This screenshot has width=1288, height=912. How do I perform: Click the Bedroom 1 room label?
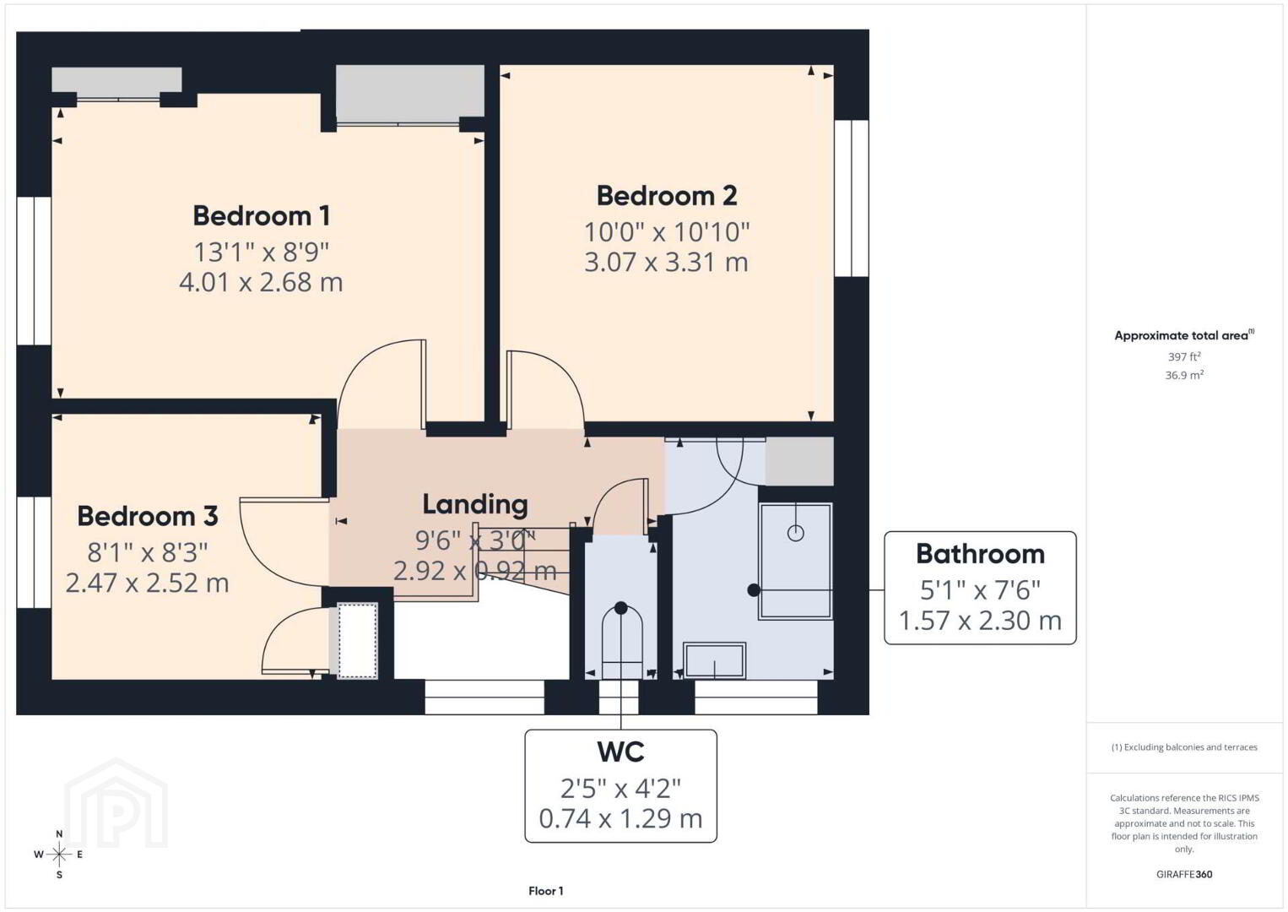coord(262,216)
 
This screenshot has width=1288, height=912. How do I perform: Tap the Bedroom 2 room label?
coord(667,196)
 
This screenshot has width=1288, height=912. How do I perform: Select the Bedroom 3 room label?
coord(148,516)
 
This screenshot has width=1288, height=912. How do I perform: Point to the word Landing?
coord(475,505)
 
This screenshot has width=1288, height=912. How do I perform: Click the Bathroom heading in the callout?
coord(980,554)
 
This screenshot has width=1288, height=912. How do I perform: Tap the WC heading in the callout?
coord(620,752)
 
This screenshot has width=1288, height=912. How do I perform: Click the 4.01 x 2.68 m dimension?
coord(261,283)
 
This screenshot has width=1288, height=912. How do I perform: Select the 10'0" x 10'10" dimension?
coord(667,232)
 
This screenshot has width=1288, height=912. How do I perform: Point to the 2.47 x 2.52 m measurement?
coord(147,583)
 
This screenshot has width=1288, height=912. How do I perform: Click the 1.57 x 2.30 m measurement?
coord(980,621)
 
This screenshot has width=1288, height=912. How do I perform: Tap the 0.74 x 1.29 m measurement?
coord(620,818)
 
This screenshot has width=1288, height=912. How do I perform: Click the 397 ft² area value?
coord(1184,356)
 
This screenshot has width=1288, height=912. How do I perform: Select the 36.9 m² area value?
coord(1184,375)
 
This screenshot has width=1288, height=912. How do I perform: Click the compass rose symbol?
coord(59,855)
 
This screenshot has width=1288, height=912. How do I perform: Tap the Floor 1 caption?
coord(546,891)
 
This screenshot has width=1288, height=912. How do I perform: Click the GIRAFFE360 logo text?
coord(1184,875)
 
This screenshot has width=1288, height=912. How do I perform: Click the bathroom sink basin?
coord(714,660)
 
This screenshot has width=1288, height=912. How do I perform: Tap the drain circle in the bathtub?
coord(795,534)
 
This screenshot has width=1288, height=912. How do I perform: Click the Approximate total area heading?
coord(1184,335)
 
